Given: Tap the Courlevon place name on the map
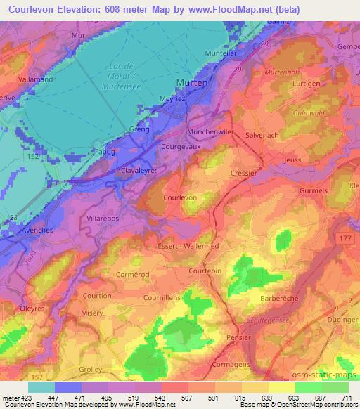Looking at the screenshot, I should [179, 199].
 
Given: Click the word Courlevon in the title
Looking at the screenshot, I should [27, 9].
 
